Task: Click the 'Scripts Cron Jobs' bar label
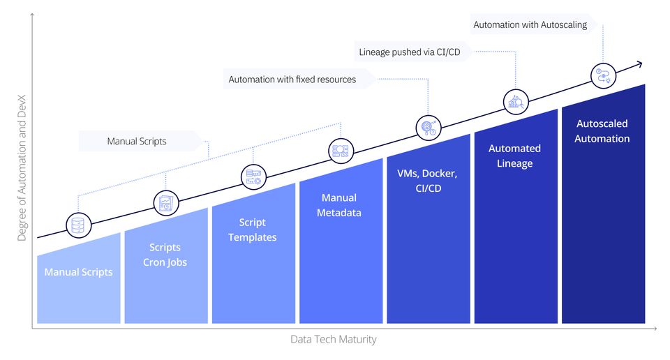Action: click(165, 255)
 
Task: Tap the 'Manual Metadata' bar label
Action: click(339, 205)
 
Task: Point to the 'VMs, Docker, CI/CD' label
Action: click(426, 180)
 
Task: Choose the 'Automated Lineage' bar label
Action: click(514, 156)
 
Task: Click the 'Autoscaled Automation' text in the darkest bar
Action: click(602, 131)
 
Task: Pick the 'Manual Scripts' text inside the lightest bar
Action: click(78, 272)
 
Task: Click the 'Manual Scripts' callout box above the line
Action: click(137, 142)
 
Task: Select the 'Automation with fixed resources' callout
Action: click(292, 80)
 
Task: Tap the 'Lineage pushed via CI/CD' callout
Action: click(415, 52)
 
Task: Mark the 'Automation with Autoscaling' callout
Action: click(530, 24)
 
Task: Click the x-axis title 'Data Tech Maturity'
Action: click(333, 339)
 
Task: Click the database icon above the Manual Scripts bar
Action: click(78, 225)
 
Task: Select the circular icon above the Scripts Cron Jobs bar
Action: click(166, 202)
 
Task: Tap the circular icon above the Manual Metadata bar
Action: click(341, 151)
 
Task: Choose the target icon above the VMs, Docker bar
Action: click(427, 127)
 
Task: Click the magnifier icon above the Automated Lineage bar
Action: click(516, 102)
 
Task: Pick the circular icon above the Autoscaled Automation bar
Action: click(603, 75)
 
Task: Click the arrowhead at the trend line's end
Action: click(638, 64)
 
